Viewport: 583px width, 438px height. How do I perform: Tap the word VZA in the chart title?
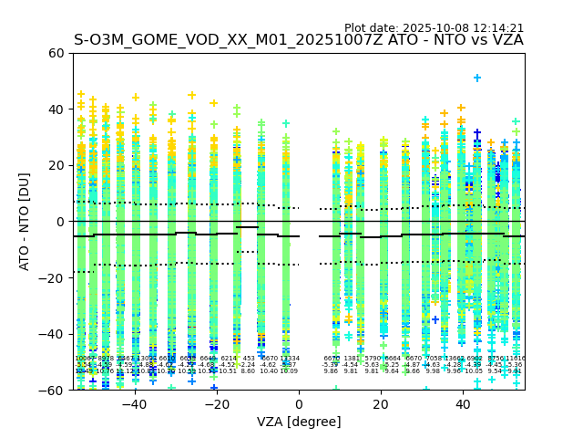[x=507, y=40]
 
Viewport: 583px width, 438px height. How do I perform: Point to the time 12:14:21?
[x=497, y=28]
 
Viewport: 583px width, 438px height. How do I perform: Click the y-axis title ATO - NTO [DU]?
[x=26, y=221]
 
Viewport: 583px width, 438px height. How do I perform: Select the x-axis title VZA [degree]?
[x=299, y=422]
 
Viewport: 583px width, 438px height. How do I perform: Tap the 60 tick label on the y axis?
[x=56, y=53]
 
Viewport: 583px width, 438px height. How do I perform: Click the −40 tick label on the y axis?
[x=52, y=334]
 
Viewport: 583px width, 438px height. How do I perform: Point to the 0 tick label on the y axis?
[x=60, y=222]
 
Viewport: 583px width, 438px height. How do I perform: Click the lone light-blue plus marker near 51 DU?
[x=477, y=78]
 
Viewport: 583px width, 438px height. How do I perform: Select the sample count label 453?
[x=249, y=359]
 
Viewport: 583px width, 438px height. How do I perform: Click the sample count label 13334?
[x=290, y=359]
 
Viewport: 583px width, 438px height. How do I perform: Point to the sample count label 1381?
[x=352, y=359]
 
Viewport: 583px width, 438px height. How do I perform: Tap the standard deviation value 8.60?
[x=248, y=371]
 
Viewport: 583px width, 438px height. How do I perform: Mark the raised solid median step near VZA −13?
[x=247, y=227]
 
